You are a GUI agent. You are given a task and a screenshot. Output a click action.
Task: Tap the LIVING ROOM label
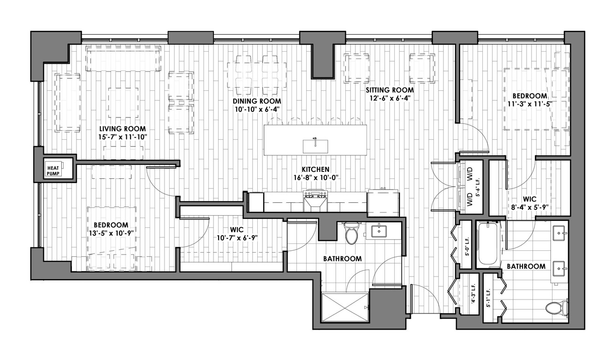pyautogui.click(x=122, y=129)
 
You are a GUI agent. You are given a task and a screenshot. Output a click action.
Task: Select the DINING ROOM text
pyautogui.click(x=257, y=101)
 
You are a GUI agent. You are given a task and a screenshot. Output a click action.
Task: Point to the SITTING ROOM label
pyautogui.click(x=390, y=90)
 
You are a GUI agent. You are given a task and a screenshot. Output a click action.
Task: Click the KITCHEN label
pyautogui.click(x=315, y=170)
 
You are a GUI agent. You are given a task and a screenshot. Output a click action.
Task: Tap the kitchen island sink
pyautogui.click(x=315, y=146)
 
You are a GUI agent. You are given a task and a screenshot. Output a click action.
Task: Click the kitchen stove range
pyautogui.click(x=315, y=201)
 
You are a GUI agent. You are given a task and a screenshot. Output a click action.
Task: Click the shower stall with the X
pyautogui.click(x=345, y=307)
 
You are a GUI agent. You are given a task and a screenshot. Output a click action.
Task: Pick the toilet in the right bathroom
pyautogui.click(x=557, y=308)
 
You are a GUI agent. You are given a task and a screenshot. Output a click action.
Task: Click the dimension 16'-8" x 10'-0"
pyautogui.click(x=315, y=177)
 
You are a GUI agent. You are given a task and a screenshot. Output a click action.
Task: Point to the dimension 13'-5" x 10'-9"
pyautogui.click(x=111, y=233)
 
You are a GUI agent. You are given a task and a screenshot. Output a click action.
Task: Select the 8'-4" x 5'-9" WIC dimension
pyautogui.click(x=529, y=207)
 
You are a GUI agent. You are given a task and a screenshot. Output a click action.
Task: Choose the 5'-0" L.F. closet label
pyautogui.click(x=467, y=247)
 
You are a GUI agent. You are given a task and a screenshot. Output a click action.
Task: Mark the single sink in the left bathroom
pyautogui.click(x=379, y=231)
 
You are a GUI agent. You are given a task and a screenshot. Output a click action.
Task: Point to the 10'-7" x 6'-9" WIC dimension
pyautogui.click(x=237, y=237)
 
